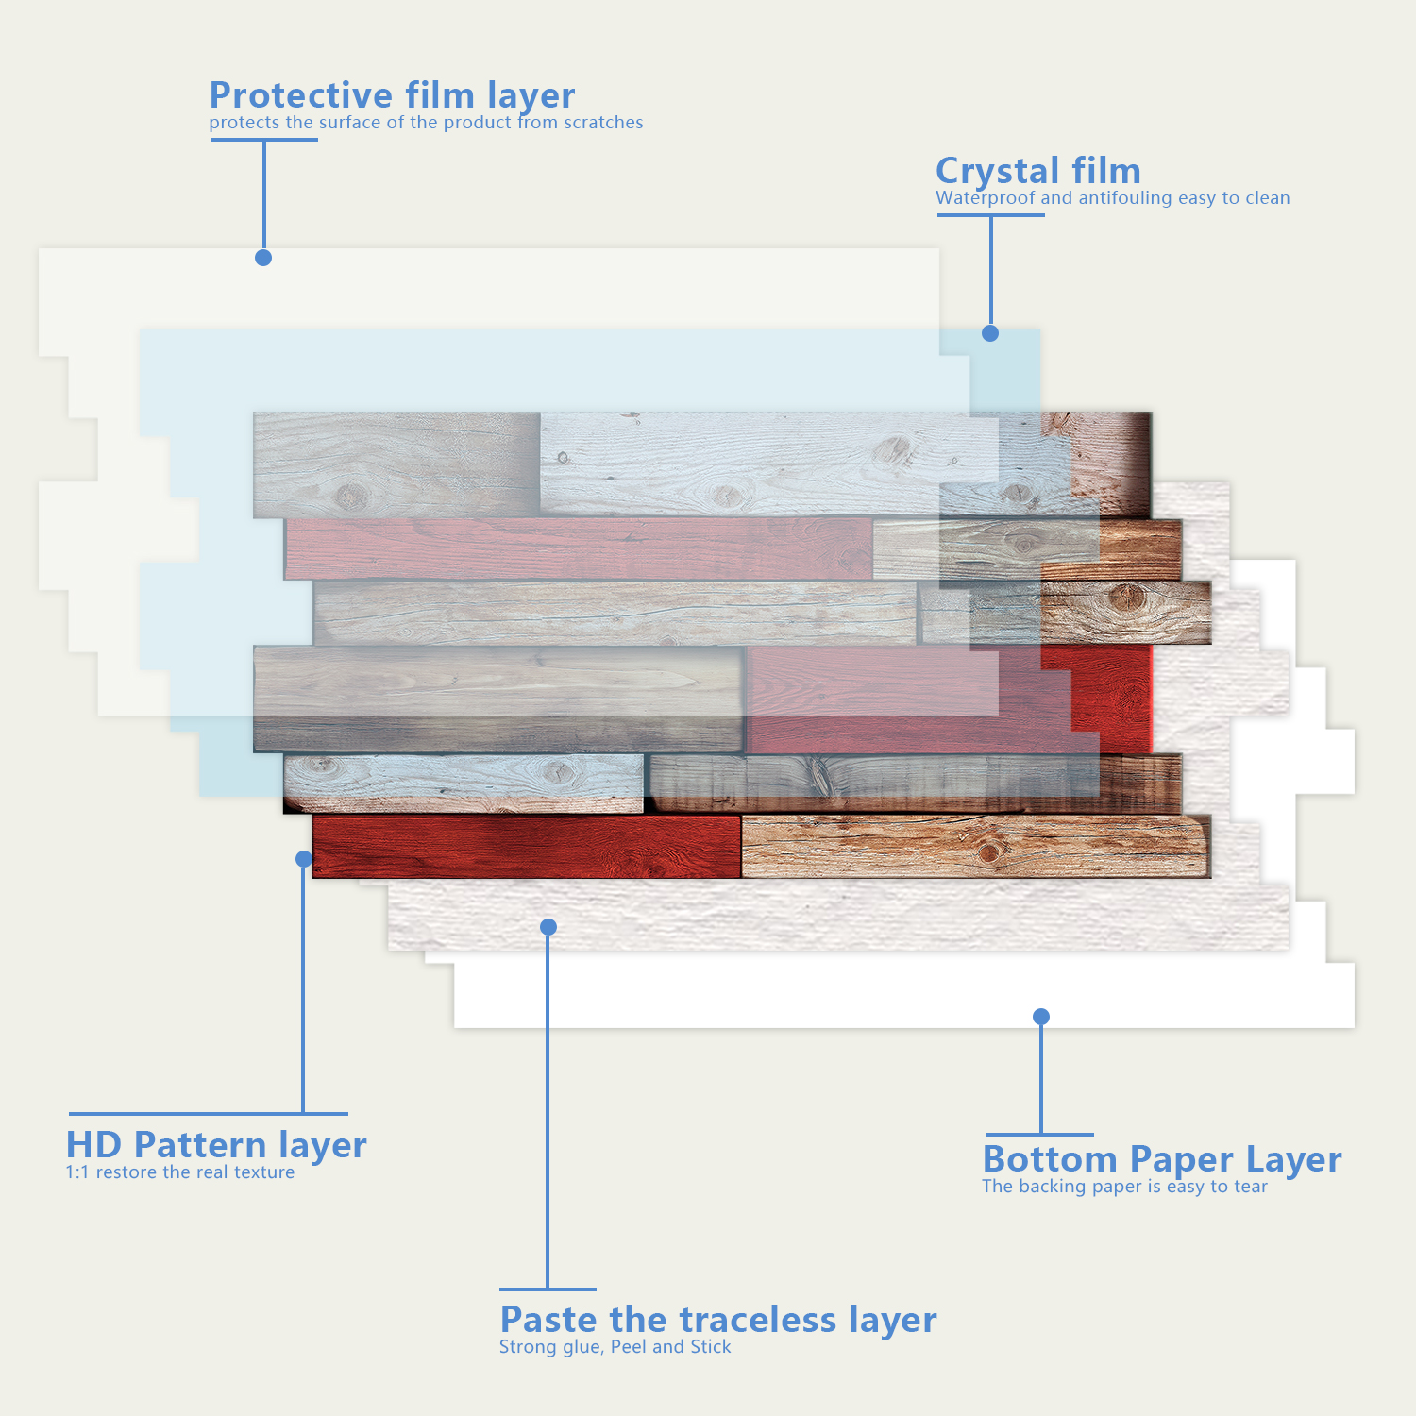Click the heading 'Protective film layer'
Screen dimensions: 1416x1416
point(392,95)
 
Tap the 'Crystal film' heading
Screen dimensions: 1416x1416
point(1037,171)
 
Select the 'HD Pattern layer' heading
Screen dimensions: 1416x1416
point(216,1145)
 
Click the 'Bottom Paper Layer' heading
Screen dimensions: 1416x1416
point(1161,1159)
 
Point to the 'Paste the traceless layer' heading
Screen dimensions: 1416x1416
point(717,1320)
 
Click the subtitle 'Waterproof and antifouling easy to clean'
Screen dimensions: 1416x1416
point(1112,198)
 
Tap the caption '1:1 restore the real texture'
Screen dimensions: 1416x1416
point(179,1172)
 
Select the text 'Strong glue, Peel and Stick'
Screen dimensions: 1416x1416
point(615,1347)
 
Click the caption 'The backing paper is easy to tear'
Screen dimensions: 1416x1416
point(1124,1187)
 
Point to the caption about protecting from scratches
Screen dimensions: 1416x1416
point(426,123)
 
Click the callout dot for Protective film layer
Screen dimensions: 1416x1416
point(263,258)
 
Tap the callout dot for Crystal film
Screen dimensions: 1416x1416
point(990,333)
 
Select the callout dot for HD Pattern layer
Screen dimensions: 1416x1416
point(304,859)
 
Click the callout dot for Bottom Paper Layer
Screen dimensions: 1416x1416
point(1041,1017)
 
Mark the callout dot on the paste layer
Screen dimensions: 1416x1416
point(548,927)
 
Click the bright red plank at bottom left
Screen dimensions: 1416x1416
point(525,847)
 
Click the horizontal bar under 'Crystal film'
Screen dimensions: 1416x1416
point(990,215)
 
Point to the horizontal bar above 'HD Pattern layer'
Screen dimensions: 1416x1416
point(208,1114)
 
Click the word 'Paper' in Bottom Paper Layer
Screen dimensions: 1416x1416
point(1181,1159)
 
